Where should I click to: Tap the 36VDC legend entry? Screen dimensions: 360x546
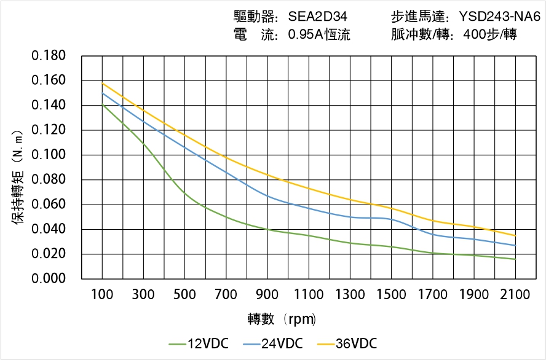coord(346,343)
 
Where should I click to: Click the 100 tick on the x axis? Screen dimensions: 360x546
coord(102,295)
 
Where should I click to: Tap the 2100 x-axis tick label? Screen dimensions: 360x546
coord(515,295)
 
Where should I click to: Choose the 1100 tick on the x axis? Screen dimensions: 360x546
coord(309,295)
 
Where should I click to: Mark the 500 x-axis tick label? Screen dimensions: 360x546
coord(185,295)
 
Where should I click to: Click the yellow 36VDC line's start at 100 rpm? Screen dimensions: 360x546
coord(102,83)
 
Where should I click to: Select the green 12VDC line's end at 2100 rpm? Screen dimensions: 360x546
coord(515,259)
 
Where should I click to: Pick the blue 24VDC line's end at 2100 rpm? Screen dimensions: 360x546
coord(515,246)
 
